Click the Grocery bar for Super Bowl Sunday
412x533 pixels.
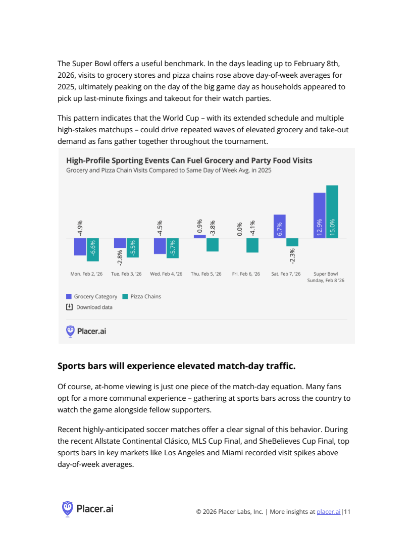click(319, 216)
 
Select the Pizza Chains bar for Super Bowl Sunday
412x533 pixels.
click(332, 212)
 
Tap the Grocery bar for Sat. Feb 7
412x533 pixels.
click(279, 227)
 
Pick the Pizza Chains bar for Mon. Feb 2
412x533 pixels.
click(93, 250)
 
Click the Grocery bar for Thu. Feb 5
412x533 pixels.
click(200, 237)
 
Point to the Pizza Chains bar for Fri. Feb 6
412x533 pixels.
click(252, 245)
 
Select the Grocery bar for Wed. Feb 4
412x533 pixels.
click(160, 246)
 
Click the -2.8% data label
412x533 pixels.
click(120, 257)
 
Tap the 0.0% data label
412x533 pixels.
click(240, 229)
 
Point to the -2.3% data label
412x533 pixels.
click(292, 255)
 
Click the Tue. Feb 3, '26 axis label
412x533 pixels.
click(126, 274)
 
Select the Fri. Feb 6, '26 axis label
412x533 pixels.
click(246, 274)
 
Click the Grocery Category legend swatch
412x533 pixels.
click(69, 296)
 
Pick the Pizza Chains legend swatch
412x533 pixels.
click(125, 296)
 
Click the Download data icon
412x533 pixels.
click(69, 307)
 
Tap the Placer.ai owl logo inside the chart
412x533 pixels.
click(70, 331)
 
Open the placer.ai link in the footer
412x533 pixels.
click(328, 512)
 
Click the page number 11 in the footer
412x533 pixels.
click(347, 512)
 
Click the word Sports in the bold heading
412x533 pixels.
click(70, 366)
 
